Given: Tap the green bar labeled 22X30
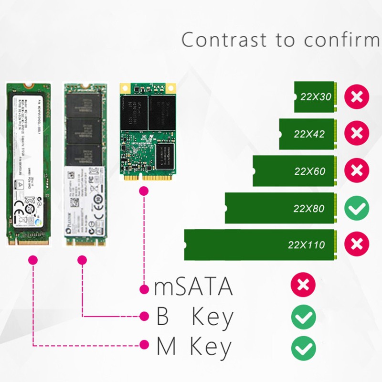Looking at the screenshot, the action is (x=316, y=96).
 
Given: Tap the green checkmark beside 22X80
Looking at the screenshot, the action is (x=356, y=208).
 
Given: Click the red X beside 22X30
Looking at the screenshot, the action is (x=356, y=96).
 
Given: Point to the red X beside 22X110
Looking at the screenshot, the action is (x=356, y=244).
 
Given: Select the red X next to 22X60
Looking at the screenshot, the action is (x=356, y=170).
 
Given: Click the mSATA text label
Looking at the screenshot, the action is (x=193, y=287).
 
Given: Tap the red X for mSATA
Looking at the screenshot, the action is (x=303, y=286).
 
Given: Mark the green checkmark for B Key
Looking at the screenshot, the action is (x=303, y=317).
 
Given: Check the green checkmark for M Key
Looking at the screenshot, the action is (x=303, y=347).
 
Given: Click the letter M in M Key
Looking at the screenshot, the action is (x=165, y=347).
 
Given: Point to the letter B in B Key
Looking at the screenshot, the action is (x=163, y=317).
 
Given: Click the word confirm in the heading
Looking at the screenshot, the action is (x=329, y=40).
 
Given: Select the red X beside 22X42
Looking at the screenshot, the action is (x=356, y=133).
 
